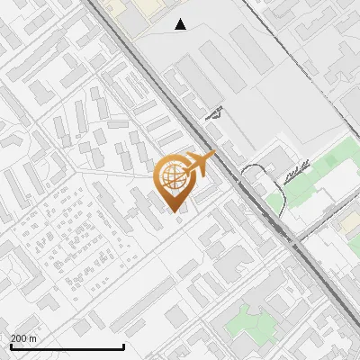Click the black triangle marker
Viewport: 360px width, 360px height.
pyautogui.click(x=181, y=24)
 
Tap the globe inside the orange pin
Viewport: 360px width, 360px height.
pyautogui.click(x=173, y=175)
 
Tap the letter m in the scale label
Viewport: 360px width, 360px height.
pyautogui.click(x=32, y=337)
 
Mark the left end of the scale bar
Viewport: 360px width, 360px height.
pyautogui.click(x=11, y=346)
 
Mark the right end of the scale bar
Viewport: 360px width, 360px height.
pyautogui.click(x=123, y=346)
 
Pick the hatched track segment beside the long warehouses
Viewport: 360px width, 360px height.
pyautogui.click(x=213, y=113)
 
